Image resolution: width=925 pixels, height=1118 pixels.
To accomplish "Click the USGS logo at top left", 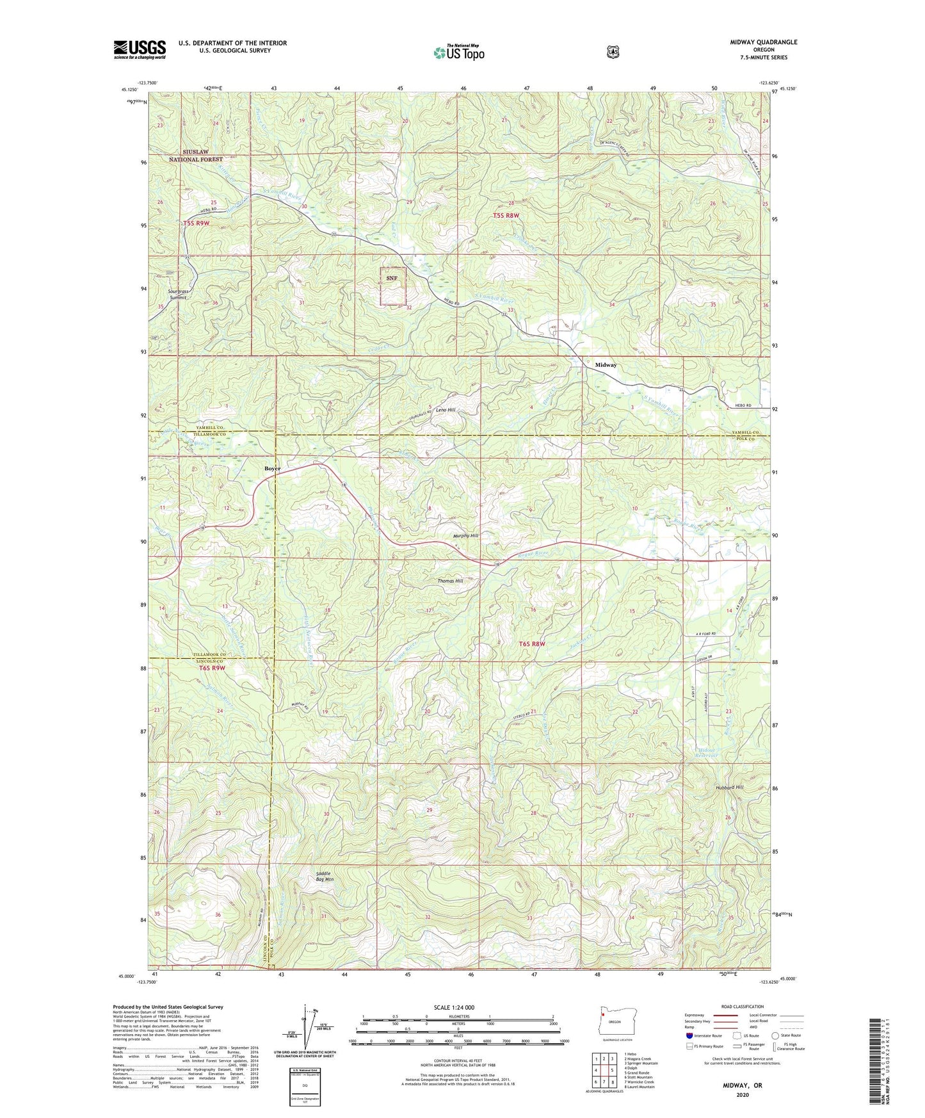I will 140,49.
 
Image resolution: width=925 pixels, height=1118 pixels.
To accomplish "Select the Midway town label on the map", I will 606,365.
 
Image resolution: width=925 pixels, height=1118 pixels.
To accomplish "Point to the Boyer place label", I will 273,469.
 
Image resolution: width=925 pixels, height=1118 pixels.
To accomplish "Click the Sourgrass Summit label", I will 177,295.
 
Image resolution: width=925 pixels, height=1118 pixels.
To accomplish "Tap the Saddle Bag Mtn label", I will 325,877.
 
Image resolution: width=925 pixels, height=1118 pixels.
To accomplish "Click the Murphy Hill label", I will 465,535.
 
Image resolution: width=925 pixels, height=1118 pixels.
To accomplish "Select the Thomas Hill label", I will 450,581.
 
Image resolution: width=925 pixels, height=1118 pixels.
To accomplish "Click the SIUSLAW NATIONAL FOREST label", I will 196,156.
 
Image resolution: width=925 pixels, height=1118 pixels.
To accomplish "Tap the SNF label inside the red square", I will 392,278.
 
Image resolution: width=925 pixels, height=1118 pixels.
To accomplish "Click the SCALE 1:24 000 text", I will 454,1007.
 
